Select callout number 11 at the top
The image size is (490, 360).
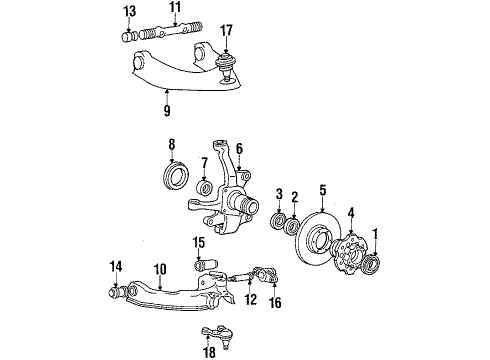coord(175,11)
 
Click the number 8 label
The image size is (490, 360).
coord(171,144)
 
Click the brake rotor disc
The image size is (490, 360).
coord(321,246)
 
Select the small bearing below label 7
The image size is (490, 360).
coord(204,188)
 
